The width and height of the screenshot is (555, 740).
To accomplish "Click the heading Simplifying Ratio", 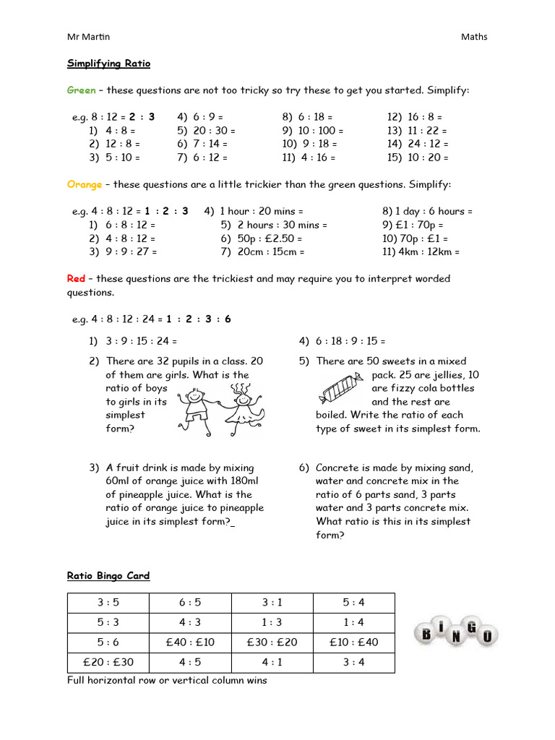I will tap(108, 64).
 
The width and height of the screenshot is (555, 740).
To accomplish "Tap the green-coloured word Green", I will tap(81, 90).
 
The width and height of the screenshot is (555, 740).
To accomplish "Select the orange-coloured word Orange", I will tap(85, 184).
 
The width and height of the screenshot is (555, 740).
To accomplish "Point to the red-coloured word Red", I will tap(76, 278).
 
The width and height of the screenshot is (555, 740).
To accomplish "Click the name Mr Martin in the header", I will tap(88, 37).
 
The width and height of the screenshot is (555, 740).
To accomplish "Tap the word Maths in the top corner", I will tap(474, 37).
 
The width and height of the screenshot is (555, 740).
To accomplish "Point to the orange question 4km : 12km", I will tap(421, 252).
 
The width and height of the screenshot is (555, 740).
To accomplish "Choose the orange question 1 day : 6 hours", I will tap(427, 211).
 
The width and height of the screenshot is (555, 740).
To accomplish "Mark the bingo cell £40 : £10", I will tap(189, 642).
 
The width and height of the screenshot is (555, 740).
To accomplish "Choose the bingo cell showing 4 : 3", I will tap(189, 622).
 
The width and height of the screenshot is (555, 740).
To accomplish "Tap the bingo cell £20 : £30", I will tap(108, 662).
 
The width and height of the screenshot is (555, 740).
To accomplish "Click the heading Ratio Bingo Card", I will tap(108, 576).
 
